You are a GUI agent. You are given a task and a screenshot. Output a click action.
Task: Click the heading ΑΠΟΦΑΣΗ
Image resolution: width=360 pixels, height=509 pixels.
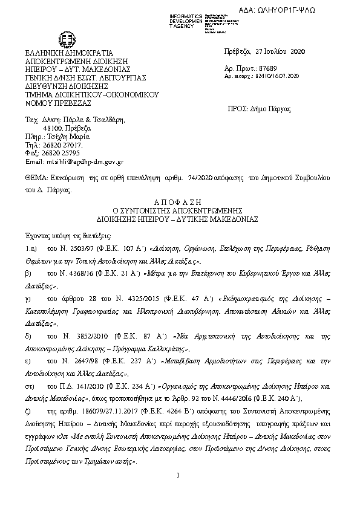[179, 203]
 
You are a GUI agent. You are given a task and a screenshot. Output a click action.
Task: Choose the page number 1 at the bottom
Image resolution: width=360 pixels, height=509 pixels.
[180, 476]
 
